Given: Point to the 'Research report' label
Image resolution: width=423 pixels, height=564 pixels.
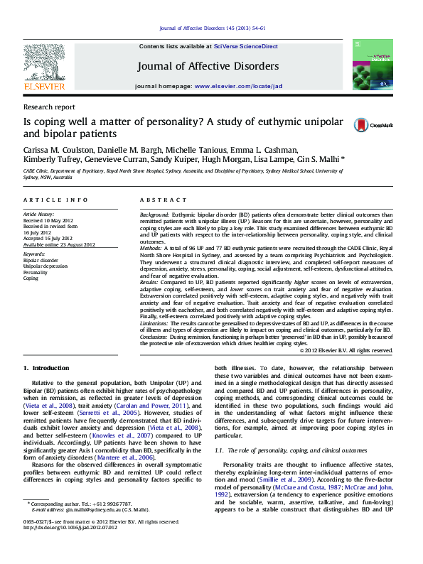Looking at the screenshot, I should (49, 107).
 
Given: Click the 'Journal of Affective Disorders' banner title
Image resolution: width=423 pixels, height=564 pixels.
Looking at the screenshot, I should (208, 66).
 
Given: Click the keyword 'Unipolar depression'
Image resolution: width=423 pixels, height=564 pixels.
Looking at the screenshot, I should (45, 266).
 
